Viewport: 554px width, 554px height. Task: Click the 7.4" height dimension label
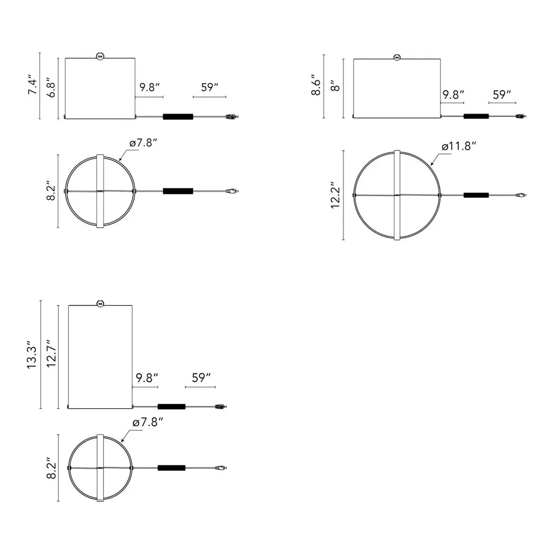pyautogui.click(x=33, y=85)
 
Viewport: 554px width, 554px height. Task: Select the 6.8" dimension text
pyautogui.click(x=52, y=88)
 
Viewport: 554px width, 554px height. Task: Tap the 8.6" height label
pyautogui.click(x=316, y=85)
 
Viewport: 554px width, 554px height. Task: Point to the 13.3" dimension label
pyautogui.click(x=32, y=355)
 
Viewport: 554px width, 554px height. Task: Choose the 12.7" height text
pyautogui.click(x=52, y=353)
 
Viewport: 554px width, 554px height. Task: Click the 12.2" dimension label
pyautogui.click(x=335, y=196)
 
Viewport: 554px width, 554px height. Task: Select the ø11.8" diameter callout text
pyautogui.click(x=459, y=146)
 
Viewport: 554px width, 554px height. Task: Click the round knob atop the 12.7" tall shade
pyautogui.click(x=100, y=303)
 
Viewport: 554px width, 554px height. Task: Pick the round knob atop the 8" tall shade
pyautogui.click(x=397, y=57)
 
